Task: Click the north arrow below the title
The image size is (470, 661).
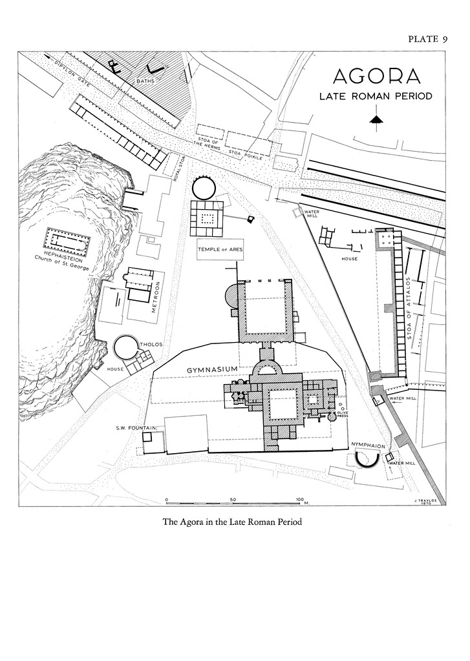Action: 376,119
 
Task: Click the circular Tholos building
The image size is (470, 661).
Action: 125,347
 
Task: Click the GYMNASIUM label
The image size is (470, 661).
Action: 213,369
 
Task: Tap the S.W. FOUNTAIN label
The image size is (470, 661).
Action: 134,427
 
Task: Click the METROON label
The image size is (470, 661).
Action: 156,297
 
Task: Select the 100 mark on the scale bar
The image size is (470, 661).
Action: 299,500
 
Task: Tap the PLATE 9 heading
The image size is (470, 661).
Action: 427,39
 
